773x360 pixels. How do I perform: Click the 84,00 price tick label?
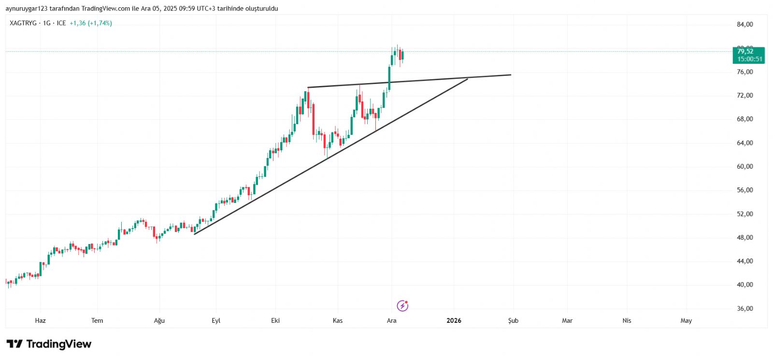744,25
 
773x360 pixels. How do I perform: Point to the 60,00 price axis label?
744,167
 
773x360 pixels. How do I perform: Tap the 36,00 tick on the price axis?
744,309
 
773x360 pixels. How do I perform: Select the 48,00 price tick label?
744,238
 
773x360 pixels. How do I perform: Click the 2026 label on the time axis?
454,321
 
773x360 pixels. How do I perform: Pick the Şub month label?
513,321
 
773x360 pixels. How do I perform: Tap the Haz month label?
41,321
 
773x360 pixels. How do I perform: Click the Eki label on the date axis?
275,321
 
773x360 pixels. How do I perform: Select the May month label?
686,321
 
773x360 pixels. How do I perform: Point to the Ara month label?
391,321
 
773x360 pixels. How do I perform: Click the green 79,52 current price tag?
748,55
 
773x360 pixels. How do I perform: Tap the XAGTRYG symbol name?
23,23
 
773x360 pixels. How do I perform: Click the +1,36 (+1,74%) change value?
91,23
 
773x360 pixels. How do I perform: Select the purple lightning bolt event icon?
402,306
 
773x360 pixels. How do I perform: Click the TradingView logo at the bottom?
49,344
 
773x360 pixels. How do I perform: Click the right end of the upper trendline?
511,75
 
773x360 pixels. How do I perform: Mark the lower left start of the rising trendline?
194,234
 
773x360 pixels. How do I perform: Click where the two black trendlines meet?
467,78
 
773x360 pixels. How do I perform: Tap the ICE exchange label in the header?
61,23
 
